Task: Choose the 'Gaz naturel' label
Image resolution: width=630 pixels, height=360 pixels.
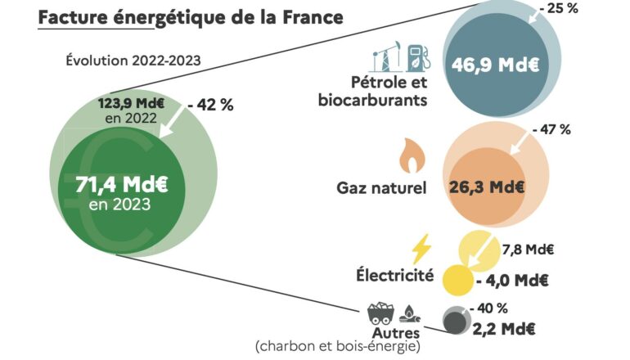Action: point(381,188)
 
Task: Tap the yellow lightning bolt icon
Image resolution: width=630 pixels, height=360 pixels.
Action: point(421,248)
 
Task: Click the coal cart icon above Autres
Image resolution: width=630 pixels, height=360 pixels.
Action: point(380,312)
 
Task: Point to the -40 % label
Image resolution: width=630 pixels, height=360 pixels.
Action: point(490,308)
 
